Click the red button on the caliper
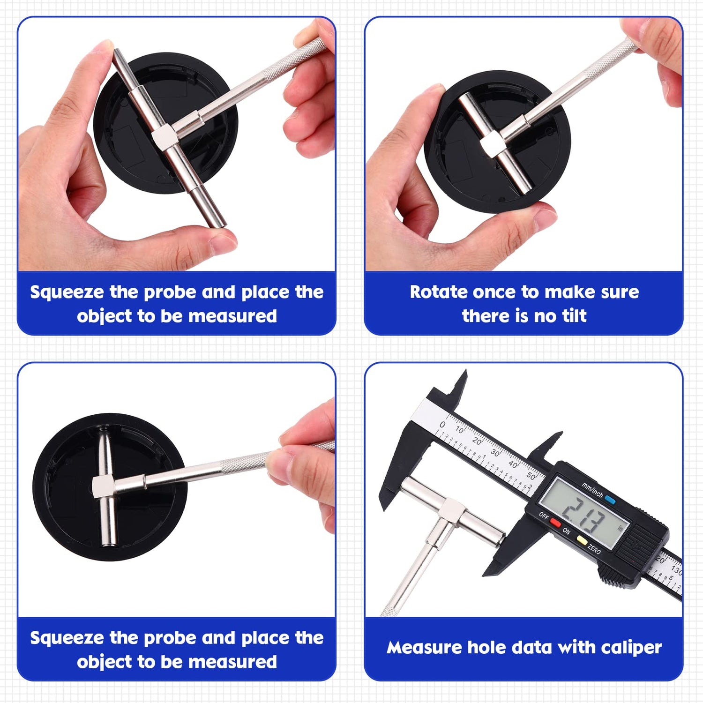pos(555,523)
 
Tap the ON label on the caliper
pos(566,532)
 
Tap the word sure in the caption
pos(620,292)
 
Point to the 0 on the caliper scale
pos(442,425)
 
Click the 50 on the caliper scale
pos(531,476)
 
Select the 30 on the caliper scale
pos(495,453)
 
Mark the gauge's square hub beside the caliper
pos(452,509)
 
